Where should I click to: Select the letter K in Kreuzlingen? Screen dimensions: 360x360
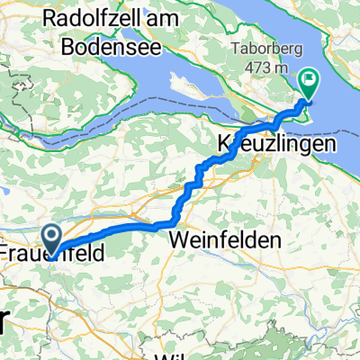coord(223,143)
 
